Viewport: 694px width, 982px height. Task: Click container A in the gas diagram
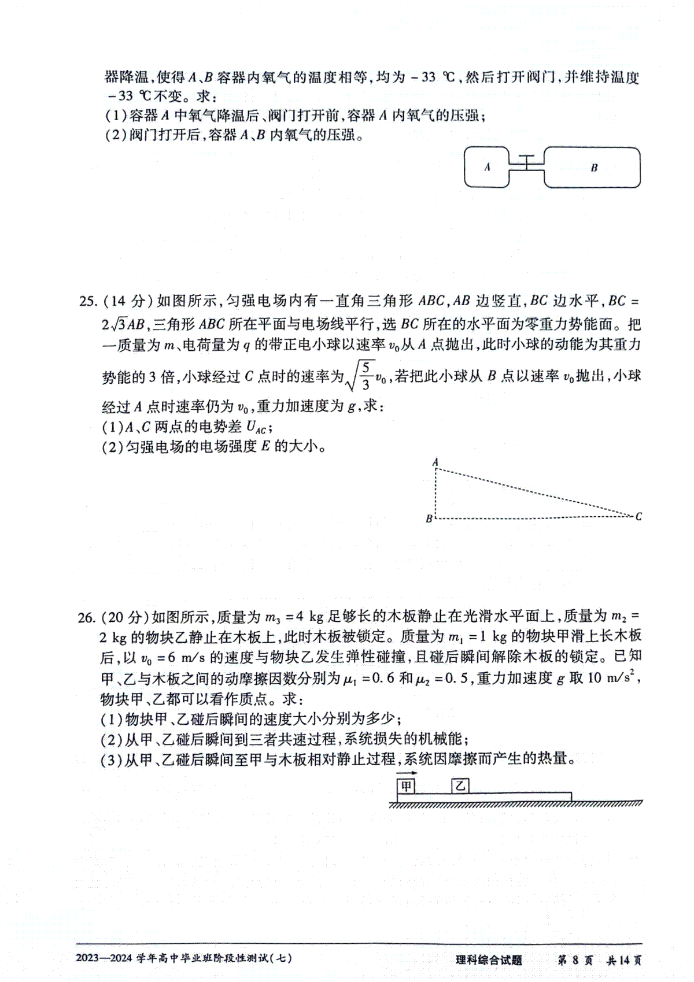click(x=486, y=167)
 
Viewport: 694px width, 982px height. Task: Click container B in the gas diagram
click(x=592, y=168)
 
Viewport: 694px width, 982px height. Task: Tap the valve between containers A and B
click(x=527, y=163)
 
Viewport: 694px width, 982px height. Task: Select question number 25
click(x=87, y=301)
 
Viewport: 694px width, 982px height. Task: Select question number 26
click(x=87, y=617)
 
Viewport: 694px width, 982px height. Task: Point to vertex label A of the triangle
click(x=435, y=462)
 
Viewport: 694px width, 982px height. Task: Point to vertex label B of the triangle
click(x=429, y=518)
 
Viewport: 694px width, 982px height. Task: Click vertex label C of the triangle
click(x=638, y=516)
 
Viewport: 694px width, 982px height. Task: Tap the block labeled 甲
click(x=407, y=786)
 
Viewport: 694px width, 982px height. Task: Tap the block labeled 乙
click(x=460, y=786)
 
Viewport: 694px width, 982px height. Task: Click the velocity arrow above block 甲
click(x=407, y=773)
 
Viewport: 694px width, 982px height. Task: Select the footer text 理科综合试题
click(x=489, y=960)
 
